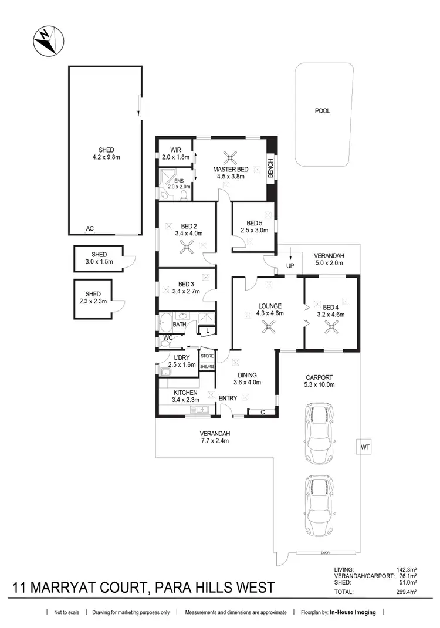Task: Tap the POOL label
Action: [x=322, y=110]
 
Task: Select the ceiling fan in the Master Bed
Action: [x=231, y=157]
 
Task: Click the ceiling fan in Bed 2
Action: [x=187, y=248]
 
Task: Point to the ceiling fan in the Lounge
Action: [x=269, y=329]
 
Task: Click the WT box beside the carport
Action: [x=365, y=447]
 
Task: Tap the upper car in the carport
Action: [x=319, y=426]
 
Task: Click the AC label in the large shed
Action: [x=90, y=229]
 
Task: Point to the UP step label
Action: [x=290, y=266]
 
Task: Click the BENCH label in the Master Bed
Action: [x=270, y=168]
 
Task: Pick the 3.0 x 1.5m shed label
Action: [x=98, y=258]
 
